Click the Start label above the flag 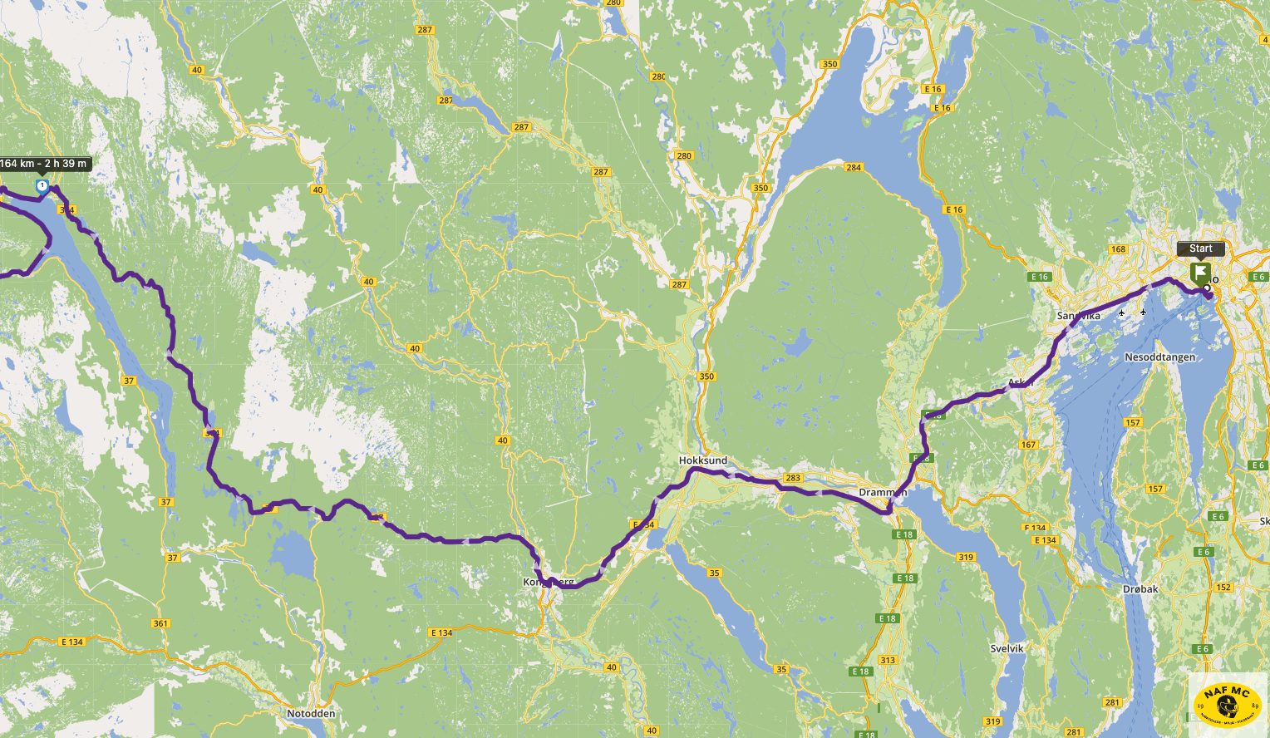[x=1200, y=248]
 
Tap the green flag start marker [x=1199, y=272]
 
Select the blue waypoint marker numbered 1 [x=42, y=185]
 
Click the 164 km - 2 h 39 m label [x=44, y=164]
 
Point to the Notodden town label [x=311, y=714]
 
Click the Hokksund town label [x=703, y=460]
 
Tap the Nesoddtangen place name [x=1160, y=357]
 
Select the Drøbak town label [x=1140, y=589]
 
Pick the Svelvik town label [x=1007, y=648]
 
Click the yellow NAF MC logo [x=1227, y=703]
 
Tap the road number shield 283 [x=793, y=478]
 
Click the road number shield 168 [x=1118, y=249]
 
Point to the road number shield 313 [x=888, y=661]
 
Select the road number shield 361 [x=160, y=623]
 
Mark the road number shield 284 [x=854, y=168]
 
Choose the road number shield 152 [x=1223, y=588]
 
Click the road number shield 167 [x=1028, y=445]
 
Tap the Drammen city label [x=883, y=493]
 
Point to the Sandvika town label [x=1078, y=316]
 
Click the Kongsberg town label [x=549, y=583]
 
